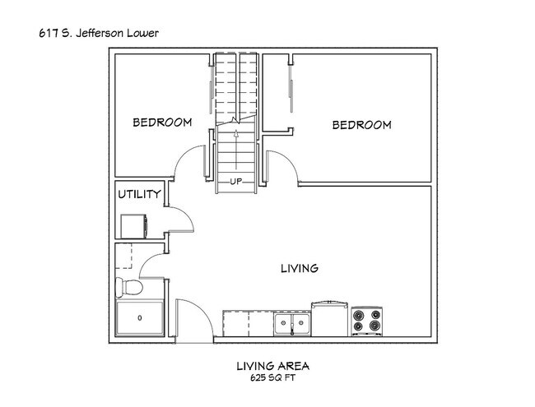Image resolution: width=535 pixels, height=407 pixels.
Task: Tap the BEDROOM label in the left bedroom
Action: (x=162, y=123)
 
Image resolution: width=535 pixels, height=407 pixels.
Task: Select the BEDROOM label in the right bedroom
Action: (x=361, y=125)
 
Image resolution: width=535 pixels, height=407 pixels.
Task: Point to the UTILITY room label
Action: (x=139, y=195)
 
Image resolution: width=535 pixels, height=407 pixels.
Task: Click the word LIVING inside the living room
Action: (x=300, y=268)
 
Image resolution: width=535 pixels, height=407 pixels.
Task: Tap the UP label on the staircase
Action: (x=235, y=182)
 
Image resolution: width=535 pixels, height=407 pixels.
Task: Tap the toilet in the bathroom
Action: (x=129, y=287)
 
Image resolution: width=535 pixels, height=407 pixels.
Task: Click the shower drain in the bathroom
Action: (x=138, y=317)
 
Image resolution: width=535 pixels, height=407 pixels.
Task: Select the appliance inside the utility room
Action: (x=133, y=225)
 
